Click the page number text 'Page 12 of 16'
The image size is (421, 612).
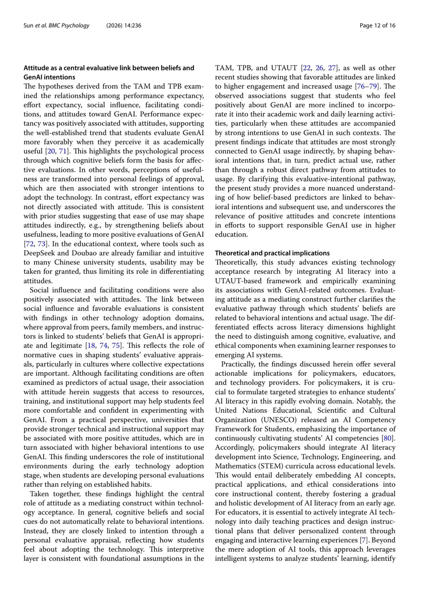(377, 26)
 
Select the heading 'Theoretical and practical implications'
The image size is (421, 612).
(272, 253)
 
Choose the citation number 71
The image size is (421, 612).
(63, 151)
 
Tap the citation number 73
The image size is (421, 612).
(41, 244)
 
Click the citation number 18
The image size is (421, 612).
(91, 345)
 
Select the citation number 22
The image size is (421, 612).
(306, 68)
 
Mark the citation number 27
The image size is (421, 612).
(332, 68)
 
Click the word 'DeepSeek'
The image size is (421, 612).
(37, 253)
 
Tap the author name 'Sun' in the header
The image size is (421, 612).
(28, 26)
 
